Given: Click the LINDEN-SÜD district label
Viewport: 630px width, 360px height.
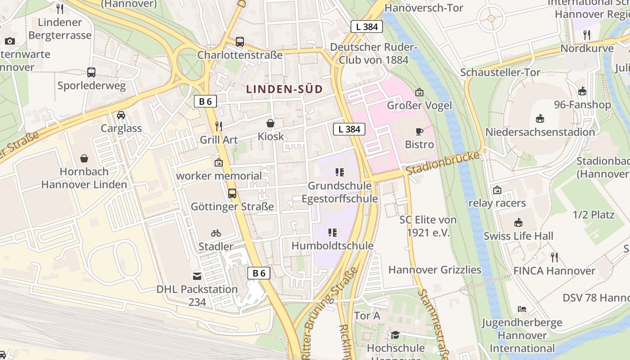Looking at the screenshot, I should tap(284, 89).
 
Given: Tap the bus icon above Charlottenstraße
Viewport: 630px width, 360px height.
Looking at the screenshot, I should tap(240, 42).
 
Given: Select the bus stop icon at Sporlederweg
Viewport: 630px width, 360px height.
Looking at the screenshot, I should tap(91, 72).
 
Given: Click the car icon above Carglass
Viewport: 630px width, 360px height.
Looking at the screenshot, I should tap(121, 115).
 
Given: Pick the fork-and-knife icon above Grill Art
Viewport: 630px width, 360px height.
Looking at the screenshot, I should tap(219, 126).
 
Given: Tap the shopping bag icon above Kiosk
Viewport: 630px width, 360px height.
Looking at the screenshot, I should tap(270, 123).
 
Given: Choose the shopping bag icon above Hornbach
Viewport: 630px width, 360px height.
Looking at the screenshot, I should tap(84, 158).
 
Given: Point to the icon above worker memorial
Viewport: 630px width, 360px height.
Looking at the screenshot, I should tap(219, 162).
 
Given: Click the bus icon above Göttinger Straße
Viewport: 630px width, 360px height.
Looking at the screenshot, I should tap(232, 193).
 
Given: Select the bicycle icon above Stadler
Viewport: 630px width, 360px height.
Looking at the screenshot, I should tap(216, 233).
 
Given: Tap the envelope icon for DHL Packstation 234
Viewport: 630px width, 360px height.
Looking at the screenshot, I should tap(197, 276).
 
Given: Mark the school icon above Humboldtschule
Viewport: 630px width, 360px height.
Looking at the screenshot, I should tap(333, 233).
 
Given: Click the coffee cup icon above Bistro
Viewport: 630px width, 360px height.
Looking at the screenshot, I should tap(419, 131).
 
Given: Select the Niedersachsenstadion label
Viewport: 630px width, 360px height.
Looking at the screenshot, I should tap(540, 132).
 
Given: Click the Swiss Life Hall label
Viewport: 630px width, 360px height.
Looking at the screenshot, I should tap(518, 236).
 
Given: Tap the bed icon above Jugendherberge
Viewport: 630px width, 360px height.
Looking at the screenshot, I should tap(522, 309).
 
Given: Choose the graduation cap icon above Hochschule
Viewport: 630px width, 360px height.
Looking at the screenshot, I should tap(395, 335).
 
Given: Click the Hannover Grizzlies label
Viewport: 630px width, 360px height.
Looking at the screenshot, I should tap(435, 270).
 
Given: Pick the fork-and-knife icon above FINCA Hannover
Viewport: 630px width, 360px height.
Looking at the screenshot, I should tap(554, 257).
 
